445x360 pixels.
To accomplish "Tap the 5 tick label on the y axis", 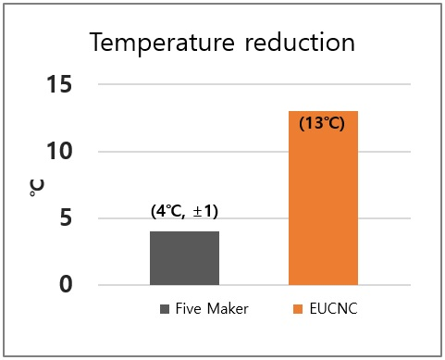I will [x=66, y=218].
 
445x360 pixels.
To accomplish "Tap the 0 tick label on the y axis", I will [x=66, y=284].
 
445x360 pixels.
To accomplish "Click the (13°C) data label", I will [x=322, y=123].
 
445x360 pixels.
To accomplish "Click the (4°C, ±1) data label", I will [x=184, y=211].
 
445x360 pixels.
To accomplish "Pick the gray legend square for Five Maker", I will [x=166, y=310].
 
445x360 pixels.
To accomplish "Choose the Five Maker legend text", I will [x=211, y=310].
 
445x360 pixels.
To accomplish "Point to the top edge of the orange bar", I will [x=323, y=112].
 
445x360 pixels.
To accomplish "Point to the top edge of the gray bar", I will [x=185, y=231].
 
